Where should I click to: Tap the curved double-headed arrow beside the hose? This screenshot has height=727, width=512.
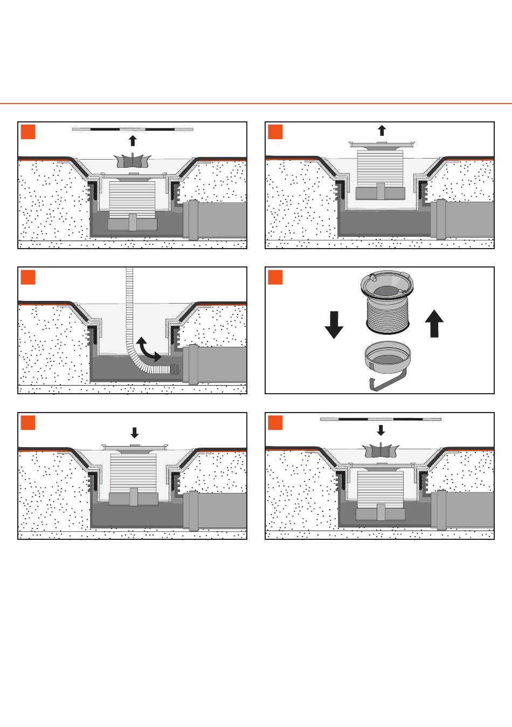[x=148, y=349]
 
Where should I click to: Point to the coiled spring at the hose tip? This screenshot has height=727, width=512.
[x=175, y=369]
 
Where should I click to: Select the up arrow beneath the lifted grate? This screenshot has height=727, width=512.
[x=133, y=141]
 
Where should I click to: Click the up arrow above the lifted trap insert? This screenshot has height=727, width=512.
[x=382, y=130]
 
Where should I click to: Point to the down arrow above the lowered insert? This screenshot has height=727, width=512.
[x=135, y=432]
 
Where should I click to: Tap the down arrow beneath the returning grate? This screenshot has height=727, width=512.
[x=381, y=430]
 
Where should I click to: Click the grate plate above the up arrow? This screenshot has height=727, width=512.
[x=133, y=129]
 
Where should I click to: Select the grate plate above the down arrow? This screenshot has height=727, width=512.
[x=380, y=419]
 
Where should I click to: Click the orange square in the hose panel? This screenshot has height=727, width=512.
[x=28, y=277]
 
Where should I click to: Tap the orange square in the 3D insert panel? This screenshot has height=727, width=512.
[x=275, y=277]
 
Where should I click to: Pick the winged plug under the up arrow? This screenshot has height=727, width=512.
[x=133, y=160]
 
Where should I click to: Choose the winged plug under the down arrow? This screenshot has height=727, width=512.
[x=381, y=450]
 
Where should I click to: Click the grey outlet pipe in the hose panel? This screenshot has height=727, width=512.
[x=216, y=365]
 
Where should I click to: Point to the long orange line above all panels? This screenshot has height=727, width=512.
[x=256, y=103]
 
